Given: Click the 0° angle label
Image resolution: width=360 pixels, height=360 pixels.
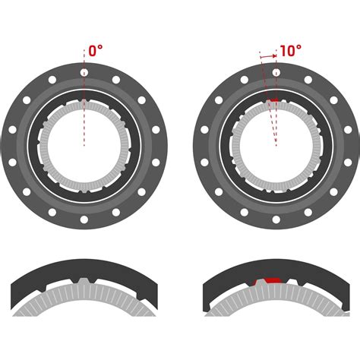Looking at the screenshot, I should coord(96,51).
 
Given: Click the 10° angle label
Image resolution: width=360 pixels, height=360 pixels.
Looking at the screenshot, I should coord(290,51).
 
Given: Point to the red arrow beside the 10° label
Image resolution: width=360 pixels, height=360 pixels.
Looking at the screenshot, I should coord(268,55).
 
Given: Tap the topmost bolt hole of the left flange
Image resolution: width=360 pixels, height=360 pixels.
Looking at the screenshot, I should coord(84,72).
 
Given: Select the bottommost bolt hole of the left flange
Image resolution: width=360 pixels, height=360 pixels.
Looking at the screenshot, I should coord(84,219).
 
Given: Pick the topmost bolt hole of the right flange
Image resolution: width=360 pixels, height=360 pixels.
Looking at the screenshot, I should coord(276,72).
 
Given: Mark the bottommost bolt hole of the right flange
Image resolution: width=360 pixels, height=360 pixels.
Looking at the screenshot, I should coord(276,219).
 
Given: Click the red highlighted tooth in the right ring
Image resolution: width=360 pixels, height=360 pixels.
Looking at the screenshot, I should coord(273,100).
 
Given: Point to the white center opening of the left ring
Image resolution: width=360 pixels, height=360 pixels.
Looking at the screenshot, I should coord(84,152).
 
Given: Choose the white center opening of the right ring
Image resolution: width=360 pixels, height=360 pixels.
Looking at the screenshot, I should coord(276,152).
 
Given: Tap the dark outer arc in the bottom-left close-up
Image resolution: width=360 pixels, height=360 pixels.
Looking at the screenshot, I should coord(84,268).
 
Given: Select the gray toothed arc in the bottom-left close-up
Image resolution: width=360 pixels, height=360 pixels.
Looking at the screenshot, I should coord(84,300).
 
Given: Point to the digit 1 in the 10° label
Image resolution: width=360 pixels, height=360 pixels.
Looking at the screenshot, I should coord(283,51).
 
